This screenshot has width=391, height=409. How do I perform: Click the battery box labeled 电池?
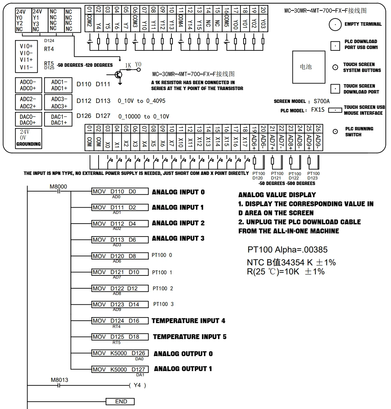[309, 67]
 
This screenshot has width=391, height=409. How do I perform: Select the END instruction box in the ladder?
[120, 401]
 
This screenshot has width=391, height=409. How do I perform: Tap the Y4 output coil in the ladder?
[137, 385]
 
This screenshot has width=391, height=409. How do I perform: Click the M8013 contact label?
[60, 380]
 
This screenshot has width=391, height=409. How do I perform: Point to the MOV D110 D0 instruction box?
[120, 191]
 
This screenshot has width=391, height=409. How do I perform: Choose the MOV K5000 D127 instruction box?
[120, 369]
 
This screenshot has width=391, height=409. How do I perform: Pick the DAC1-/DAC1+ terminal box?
[58, 120]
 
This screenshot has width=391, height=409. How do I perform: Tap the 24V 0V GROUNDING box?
[29, 138]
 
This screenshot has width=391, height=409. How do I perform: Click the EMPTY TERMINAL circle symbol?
[335, 25]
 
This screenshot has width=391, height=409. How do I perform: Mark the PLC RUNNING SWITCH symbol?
[335, 132]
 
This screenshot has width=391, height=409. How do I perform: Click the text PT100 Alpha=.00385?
[287, 250]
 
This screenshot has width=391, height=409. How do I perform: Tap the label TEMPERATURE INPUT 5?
[190, 337]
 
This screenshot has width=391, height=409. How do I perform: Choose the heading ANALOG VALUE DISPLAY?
[277, 195]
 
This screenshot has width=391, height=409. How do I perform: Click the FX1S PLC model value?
[317, 110]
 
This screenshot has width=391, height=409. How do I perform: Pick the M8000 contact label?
[58, 186]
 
